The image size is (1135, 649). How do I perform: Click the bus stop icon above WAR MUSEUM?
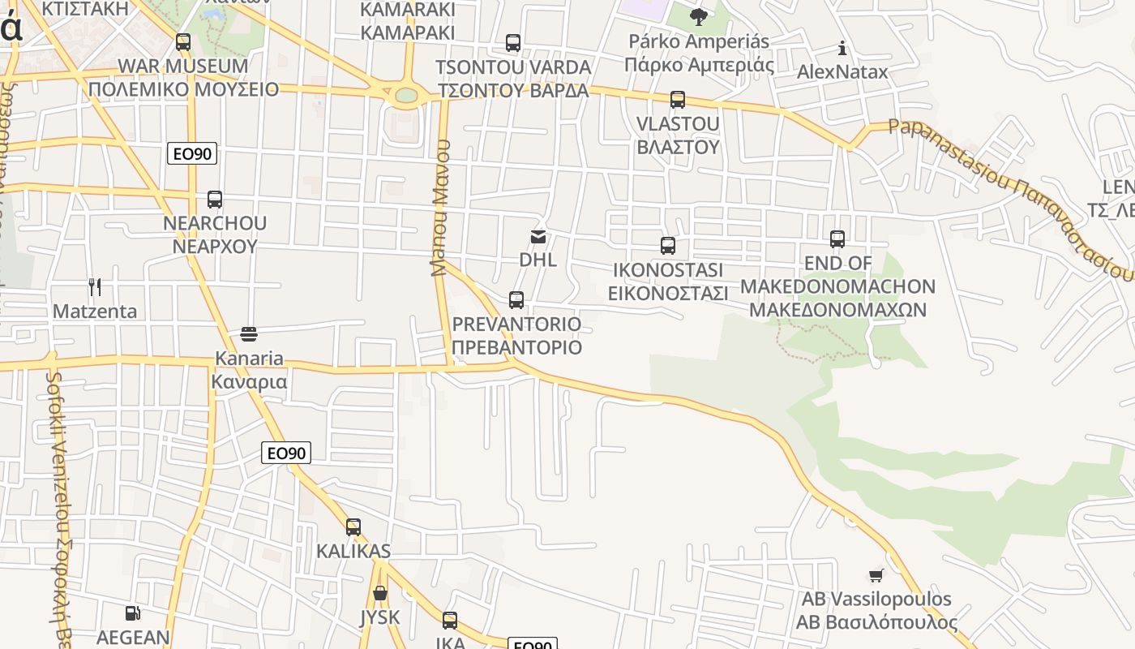click(x=183, y=42)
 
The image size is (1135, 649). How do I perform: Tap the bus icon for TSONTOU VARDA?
click(x=512, y=43)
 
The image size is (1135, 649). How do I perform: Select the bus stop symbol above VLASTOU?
click(x=677, y=100)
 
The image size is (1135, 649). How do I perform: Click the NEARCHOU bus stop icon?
click(x=215, y=200)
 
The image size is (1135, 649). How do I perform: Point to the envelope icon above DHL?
click(x=538, y=237)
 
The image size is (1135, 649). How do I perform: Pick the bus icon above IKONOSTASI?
click(x=667, y=245)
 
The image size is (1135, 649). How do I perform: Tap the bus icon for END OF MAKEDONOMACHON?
click(x=837, y=239)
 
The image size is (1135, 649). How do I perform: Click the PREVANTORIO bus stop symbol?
click(x=516, y=300)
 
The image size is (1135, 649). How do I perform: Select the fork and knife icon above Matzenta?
click(x=95, y=287)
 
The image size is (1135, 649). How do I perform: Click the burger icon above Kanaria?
click(x=249, y=334)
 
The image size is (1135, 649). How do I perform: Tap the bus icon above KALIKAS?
click(x=353, y=527)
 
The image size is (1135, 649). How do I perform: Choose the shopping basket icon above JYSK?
click(x=379, y=593)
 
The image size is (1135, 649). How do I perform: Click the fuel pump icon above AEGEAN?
click(x=133, y=614)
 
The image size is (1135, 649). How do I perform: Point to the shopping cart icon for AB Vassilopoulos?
click(x=876, y=575)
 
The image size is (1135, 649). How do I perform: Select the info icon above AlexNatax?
click(x=842, y=48)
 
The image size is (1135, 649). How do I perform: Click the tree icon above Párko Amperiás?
click(x=698, y=17)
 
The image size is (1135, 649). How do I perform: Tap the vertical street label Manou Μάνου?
click(x=440, y=208)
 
